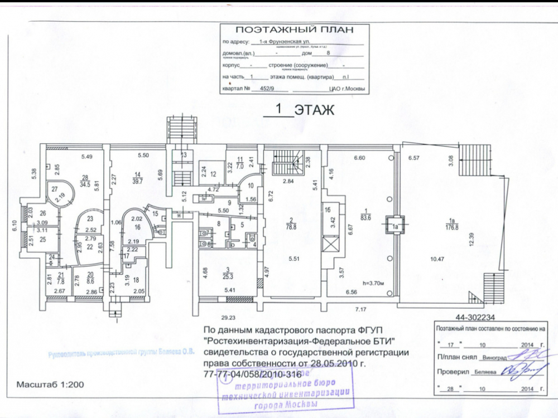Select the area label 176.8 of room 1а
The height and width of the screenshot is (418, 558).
pos(450,226)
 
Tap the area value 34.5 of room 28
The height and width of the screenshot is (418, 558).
pos(85,182)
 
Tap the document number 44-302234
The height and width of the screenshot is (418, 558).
pos(471,316)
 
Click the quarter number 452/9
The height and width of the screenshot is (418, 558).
pos(261,89)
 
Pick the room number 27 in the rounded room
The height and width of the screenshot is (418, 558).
pos(54,189)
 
